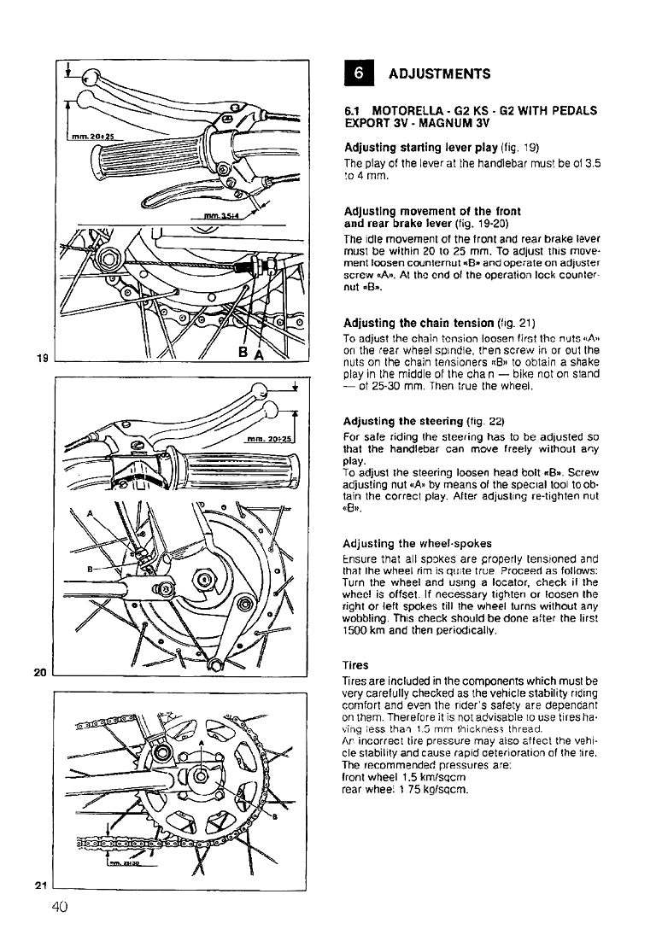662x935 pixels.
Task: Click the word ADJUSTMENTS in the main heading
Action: pos(439,74)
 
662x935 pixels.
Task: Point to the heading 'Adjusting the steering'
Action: pos(404,421)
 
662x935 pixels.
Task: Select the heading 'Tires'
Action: pos(355,663)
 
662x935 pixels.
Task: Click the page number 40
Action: pos(59,908)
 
